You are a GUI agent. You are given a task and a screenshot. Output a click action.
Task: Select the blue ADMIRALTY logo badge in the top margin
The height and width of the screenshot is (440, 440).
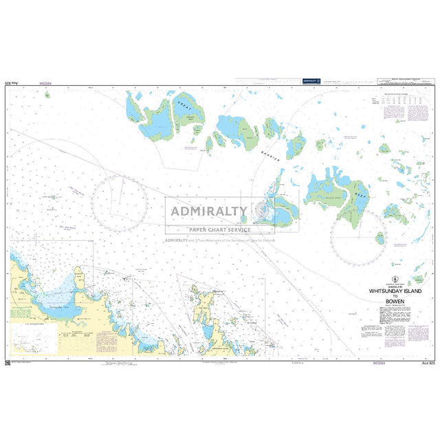tap(311, 81)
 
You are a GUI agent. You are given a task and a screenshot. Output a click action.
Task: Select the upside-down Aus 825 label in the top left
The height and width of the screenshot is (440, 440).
tap(12, 82)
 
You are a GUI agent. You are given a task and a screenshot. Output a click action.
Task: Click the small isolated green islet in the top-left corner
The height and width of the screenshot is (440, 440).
tap(47, 96)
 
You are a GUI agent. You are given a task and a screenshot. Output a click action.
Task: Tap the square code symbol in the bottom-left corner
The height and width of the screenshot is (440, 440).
tap(7, 362)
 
